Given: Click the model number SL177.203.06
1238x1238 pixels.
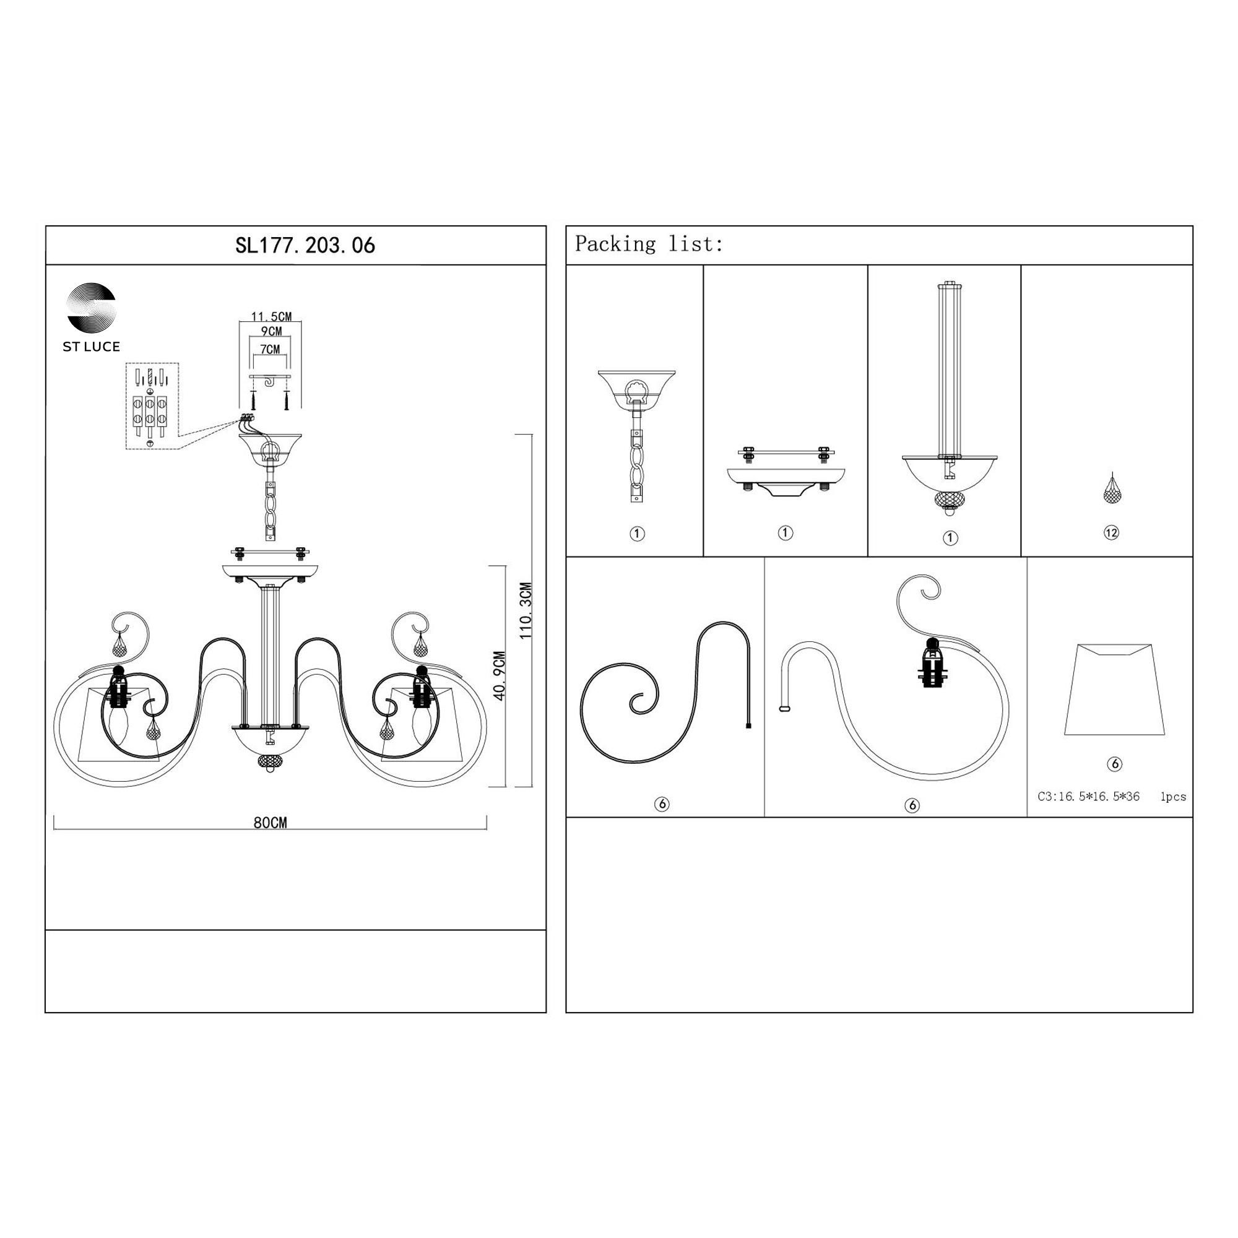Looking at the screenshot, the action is pyautogui.click(x=305, y=245).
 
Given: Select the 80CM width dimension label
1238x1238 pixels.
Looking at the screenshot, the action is pyautogui.click(x=271, y=823).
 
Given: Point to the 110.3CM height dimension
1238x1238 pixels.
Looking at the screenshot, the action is pyautogui.click(x=526, y=611).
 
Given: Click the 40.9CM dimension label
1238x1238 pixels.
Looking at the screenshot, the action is pyautogui.click(x=500, y=675).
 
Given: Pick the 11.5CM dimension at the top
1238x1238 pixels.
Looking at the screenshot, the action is pyautogui.click(x=271, y=316).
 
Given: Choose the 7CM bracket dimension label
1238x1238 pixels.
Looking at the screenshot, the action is pyautogui.click(x=271, y=350).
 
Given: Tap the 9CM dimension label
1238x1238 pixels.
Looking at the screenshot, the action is pyautogui.click(x=271, y=332).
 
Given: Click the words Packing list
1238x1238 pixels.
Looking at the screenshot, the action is pyautogui.click(x=649, y=244).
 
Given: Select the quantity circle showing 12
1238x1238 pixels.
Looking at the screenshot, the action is pyautogui.click(x=1111, y=532).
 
